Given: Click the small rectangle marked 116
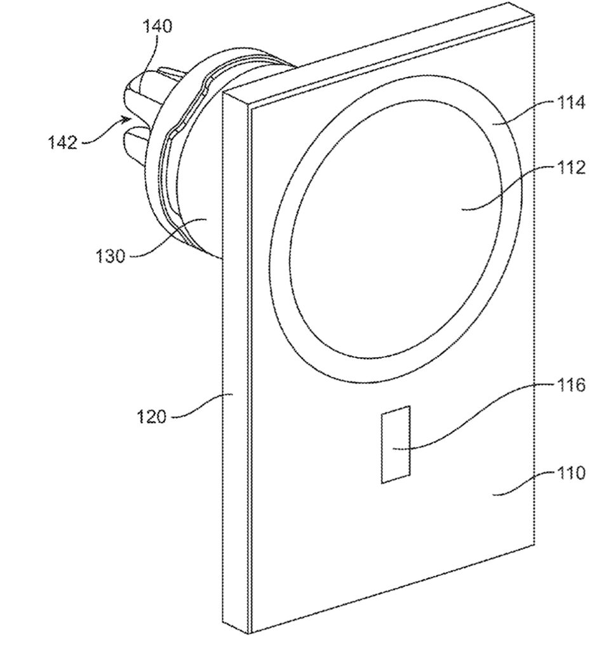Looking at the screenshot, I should pyautogui.click(x=395, y=444).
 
